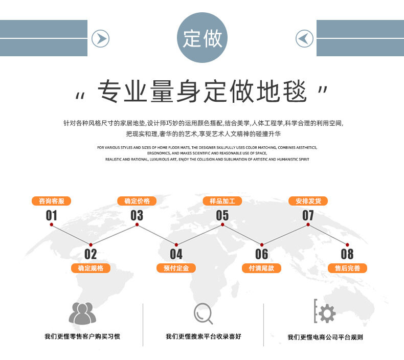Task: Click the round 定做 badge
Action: (x=202, y=38)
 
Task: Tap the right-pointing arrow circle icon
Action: (x=100, y=38)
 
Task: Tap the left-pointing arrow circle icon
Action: (x=305, y=38)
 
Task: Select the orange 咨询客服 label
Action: (x=52, y=201)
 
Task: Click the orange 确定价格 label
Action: (x=137, y=201)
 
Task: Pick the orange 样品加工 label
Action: (x=222, y=201)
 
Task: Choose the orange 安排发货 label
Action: (x=308, y=201)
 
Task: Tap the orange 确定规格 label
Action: (x=91, y=268)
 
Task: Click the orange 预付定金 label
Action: (x=176, y=268)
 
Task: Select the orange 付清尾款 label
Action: (x=261, y=268)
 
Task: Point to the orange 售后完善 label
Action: (x=347, y=268)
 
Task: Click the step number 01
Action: (x=52, y=215)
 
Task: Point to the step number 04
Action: (x=176, y=254)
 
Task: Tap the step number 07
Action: (x=308, y=215)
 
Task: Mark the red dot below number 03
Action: (x=137, y=224)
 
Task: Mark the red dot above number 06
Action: (x=261, y=245)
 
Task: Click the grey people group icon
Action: (x=82, y=313)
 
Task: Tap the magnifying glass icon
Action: (x=203, y=313)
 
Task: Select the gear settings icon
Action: (x=325, y=312)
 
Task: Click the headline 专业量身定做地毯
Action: (x=202, y=93)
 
